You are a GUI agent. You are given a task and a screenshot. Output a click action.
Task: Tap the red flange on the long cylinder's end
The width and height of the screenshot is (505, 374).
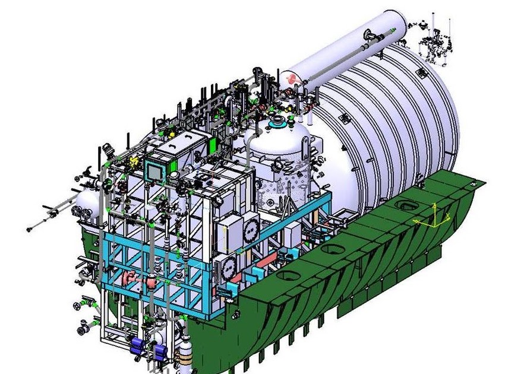tap(292, 77)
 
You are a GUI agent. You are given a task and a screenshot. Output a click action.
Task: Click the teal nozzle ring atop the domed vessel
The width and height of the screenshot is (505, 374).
tap(276, 125)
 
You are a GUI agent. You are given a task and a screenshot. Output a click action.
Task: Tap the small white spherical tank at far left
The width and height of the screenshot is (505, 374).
tap(86, 205)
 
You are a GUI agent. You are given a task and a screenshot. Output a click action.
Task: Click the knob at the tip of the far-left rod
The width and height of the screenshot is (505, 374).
tap(29, 229)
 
